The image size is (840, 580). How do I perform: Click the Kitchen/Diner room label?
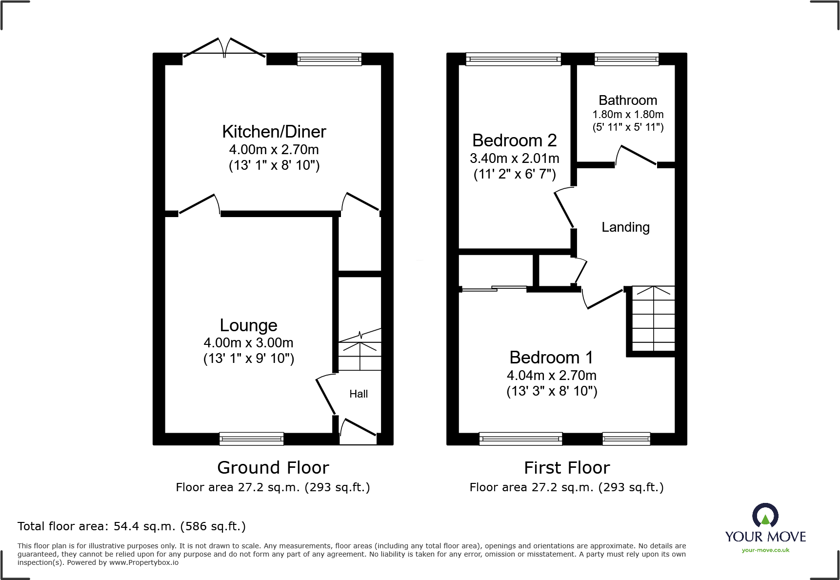pos(274,132)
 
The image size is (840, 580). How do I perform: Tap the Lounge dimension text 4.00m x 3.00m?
pos(248,343)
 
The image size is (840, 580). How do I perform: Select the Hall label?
pos(359,394)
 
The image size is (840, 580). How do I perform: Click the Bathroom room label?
pos(628,100)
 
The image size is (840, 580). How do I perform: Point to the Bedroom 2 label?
pos(514,140)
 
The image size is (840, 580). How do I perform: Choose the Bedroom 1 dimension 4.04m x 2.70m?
pos(551,376)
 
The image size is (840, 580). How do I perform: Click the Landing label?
pos(625,227)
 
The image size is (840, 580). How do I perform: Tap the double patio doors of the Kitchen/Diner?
pos(224,49)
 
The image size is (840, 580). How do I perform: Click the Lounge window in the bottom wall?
pos(251,439)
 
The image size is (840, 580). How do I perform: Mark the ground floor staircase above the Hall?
pos(360,351)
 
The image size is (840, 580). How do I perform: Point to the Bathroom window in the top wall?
pos(626,60)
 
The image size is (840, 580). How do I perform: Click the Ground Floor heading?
pos(273,468)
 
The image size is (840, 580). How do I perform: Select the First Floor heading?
pos(566,468)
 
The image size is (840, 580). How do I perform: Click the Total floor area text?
pos(131,526)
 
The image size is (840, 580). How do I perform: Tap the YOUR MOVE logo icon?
pos(765,515)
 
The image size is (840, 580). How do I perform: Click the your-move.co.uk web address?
pos(765,550)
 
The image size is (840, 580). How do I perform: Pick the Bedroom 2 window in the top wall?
pos(513,60)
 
